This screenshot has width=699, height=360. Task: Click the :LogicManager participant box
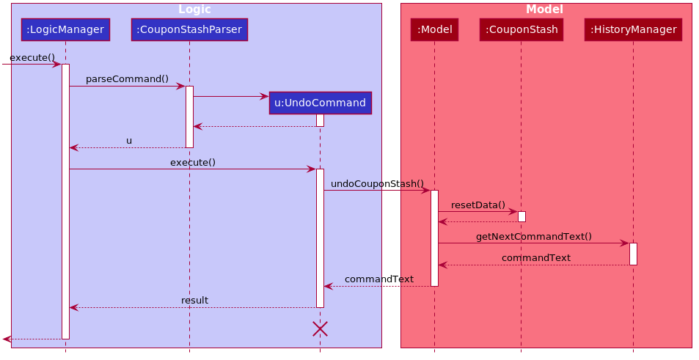65,30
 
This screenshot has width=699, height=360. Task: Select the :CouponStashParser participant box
189,30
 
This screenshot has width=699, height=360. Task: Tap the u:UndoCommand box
320,103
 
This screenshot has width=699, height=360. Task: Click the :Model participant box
435,30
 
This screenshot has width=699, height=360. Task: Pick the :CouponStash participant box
521,30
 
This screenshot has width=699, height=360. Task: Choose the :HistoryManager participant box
634,30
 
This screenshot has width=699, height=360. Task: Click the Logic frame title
194,10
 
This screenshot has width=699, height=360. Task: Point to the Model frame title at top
544,10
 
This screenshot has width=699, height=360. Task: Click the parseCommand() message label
127,79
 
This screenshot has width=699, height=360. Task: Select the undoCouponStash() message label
377,184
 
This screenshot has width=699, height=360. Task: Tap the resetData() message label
478,205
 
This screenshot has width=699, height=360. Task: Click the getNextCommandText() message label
534,237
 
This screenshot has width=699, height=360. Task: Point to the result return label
194,301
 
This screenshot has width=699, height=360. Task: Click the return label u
129,142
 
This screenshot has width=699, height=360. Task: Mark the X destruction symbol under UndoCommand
320,328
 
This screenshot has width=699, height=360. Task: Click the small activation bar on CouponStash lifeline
521,216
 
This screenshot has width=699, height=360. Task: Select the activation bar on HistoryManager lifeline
634,254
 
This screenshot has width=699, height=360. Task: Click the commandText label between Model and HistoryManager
536,258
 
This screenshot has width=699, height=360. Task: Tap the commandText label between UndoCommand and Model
379,279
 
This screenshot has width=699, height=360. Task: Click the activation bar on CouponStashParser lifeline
189,117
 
